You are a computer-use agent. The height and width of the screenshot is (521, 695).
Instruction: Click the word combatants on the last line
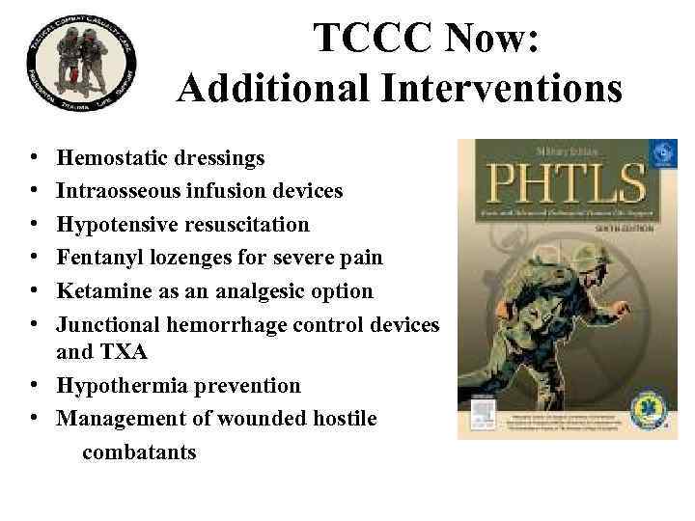coord(139,451)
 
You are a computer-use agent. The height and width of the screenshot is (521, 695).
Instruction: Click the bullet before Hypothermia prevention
coord(33,386)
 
